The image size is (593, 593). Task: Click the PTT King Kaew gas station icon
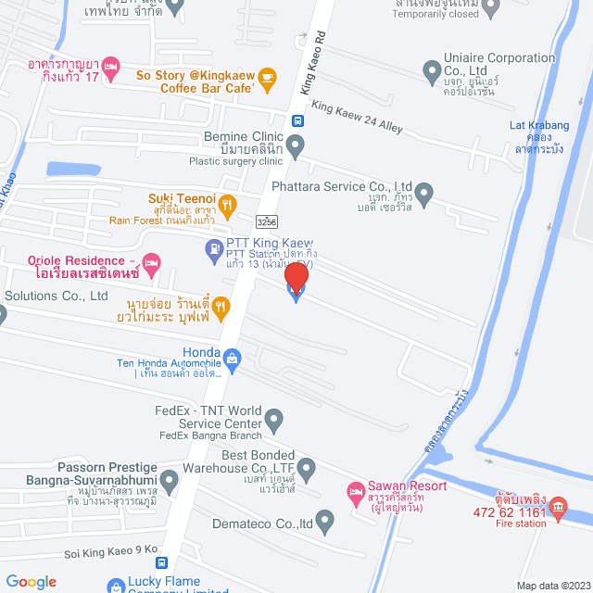(212, 247)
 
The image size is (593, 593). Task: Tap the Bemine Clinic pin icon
(295, 145)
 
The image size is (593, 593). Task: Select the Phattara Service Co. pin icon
(423, 195)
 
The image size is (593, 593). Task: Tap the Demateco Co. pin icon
(324, 523)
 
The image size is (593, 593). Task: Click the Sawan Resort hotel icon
(354, 492)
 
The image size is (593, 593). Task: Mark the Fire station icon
(558, 508)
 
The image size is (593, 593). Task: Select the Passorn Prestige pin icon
(169, 481)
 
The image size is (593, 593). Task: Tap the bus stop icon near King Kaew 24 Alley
(296, 120)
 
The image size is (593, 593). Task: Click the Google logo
(31, 582)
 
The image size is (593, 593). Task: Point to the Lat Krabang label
(538, 125)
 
